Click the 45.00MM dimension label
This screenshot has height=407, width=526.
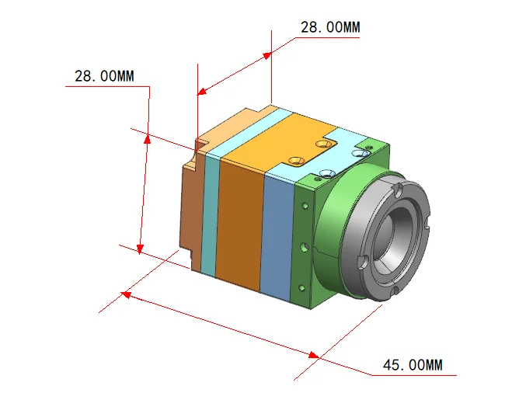(x=413, y=365)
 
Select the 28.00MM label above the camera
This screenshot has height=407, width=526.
(x=330, y=27)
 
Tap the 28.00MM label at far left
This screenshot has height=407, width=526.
(x=104, y=76)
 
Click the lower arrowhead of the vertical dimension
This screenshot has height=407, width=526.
(x=140, y=249)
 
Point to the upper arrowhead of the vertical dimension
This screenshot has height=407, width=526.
(x=147, y=139)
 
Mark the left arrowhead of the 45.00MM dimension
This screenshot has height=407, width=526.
(x=125, y=294)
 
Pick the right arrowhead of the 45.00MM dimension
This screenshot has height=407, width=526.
(x=314, y=355)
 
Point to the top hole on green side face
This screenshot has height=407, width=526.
(x=305, y=206)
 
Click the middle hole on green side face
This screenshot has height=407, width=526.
(x=305, y=248)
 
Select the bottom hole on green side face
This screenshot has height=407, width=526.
(x=302, y=288)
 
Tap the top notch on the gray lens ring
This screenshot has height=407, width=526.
(x=398, y=189)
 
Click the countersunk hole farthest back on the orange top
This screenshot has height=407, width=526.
(x=324, y=144)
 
